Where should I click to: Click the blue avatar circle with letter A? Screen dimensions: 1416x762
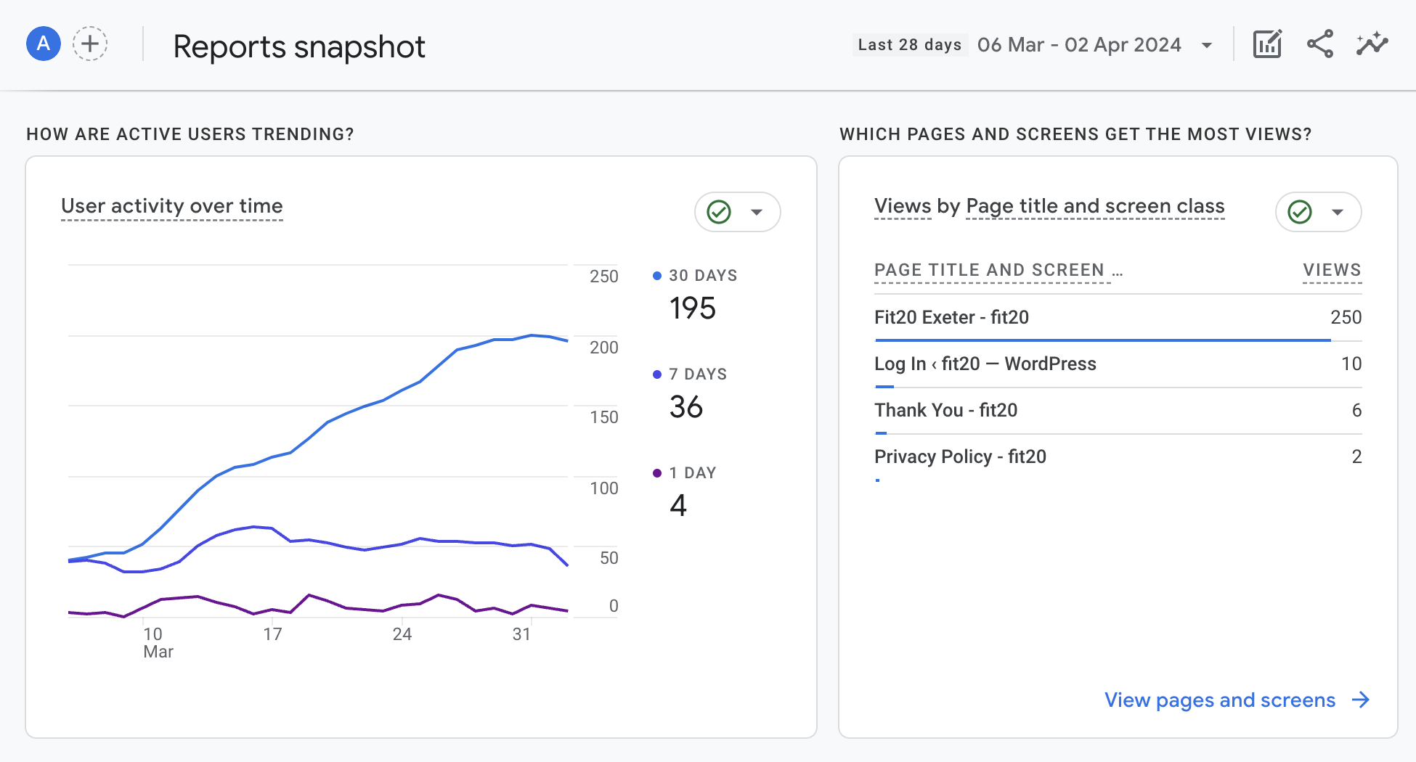(44, 44)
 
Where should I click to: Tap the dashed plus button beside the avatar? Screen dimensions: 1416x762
(90, 44)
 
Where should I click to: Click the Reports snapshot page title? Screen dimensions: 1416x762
(299, 47)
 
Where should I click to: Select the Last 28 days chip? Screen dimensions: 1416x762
(910, 45)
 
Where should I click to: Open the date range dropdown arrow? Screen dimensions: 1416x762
(1207, 46)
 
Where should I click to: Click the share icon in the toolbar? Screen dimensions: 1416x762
(1320, 44)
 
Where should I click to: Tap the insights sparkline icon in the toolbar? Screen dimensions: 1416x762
(1372, 44)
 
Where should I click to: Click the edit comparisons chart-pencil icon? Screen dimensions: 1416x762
(1268, 44)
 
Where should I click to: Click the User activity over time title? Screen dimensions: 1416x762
(172, 206)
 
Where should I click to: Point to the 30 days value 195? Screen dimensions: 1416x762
(693, 308)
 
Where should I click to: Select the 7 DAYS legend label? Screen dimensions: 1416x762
(698, 374)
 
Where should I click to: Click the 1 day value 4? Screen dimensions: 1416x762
(678, 505)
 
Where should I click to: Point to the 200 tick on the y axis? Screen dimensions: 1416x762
(604, 348)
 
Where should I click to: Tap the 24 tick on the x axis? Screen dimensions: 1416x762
(402, 634)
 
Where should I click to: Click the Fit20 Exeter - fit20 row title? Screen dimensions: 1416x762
(951, 317)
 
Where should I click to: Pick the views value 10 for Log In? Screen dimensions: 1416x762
(1351, 364)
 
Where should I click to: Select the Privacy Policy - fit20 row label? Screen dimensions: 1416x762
(960, 456)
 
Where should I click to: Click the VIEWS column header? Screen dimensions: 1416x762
(1332, 270)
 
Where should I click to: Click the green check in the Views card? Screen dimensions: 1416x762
(1300, 212)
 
